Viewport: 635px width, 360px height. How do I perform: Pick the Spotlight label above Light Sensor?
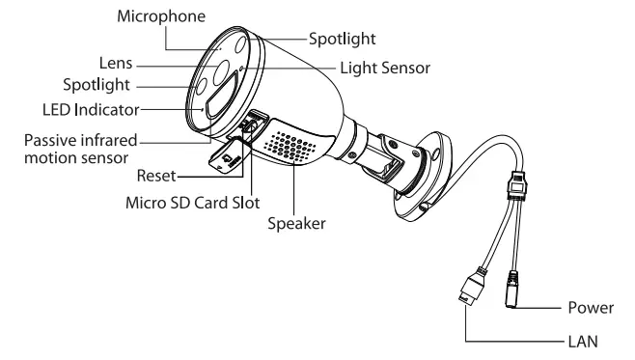(x=341, y=40)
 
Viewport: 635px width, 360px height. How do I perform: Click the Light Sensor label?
(x=383, y=69)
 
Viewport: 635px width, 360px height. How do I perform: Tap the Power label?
(x=590, y=308)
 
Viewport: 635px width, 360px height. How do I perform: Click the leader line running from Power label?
(x=540, y=308)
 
